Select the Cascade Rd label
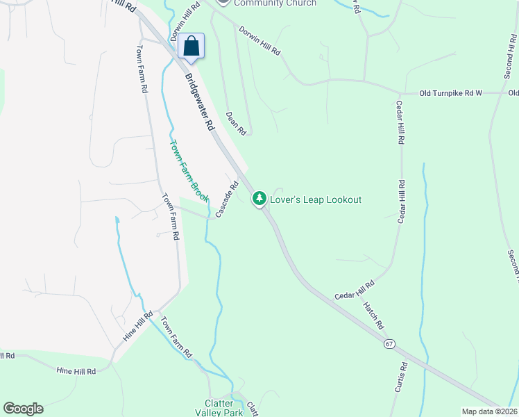227,199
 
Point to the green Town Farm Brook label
189,171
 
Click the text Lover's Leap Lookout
316,200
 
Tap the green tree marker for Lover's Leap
259,199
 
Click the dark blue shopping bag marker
192,47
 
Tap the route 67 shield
390,344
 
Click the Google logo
23,409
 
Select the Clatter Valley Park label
224,408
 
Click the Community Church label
275,3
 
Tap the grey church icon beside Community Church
222,3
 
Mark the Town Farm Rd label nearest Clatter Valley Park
176,337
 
